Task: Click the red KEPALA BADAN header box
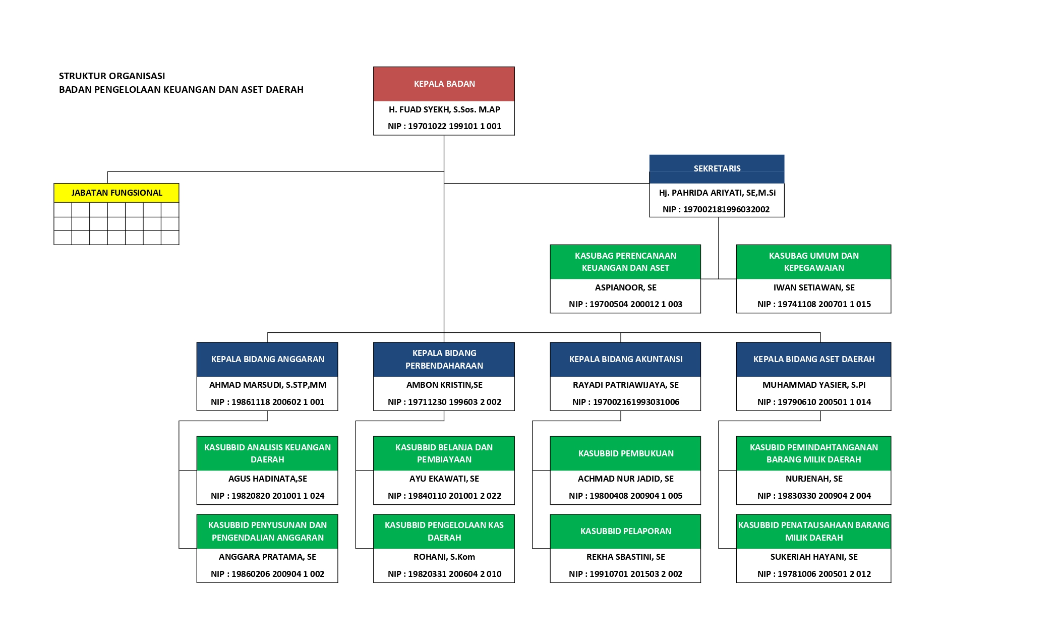(x=444, y=84)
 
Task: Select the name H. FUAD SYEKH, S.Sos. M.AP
(x=444, y=109)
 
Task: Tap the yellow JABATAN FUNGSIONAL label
(x=116, y=193)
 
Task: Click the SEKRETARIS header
(x=717, y=169)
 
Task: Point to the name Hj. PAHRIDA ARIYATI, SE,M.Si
(x=717, y=193)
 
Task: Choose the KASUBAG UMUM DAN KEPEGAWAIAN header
(x=813, y=262)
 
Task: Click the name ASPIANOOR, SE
(x=625, y=287)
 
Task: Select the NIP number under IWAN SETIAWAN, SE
(x=814, y=304)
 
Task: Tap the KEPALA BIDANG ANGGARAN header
(x=267, y=359)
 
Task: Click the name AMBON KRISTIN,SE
(x=444, y=385)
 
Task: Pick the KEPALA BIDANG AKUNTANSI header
(x=625, y=359)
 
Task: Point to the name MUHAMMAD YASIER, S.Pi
(x=813, y=385)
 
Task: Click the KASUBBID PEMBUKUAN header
(x=625, y=453)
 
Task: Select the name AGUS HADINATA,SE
(x=267, y=479)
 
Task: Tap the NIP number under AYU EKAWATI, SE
(x=444, y=496)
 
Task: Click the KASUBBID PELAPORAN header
(x=625, y=531)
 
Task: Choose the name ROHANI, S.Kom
(x=444, y=557)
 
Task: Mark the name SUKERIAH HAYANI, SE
(x=813, y=557)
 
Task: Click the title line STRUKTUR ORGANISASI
(x=112, y=76)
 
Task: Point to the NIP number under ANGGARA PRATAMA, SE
(x=267, y=574)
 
